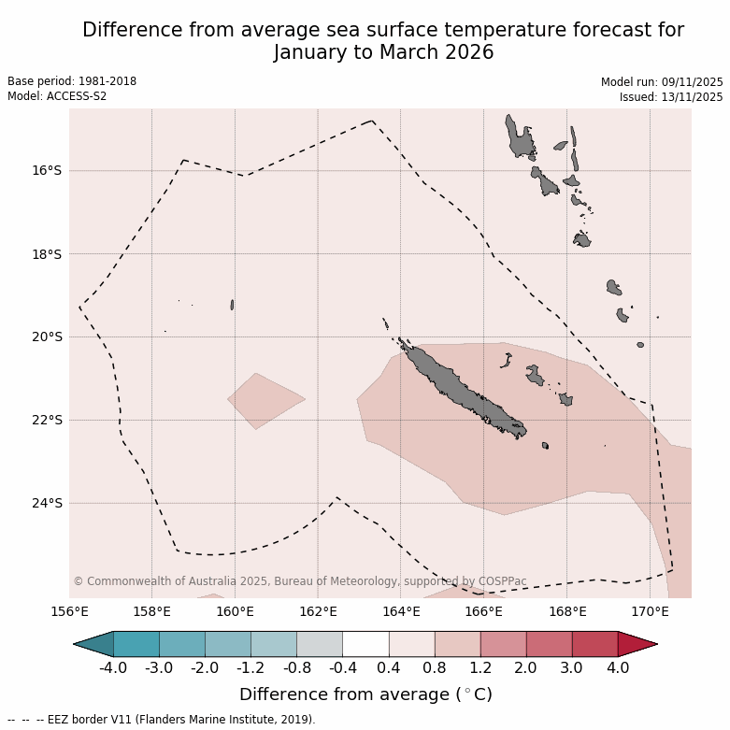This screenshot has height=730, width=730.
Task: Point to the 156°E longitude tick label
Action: pyautogui.click(x=69, y=612)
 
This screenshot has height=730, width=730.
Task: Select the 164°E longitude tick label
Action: pyautogui.click(x=401, y=612)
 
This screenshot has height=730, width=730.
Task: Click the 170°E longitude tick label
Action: pyautogui.click(x=650, y=612)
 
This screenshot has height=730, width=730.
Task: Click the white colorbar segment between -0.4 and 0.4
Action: pyautogui.click(x=365, y=644)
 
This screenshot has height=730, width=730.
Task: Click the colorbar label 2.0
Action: pyautogui.click(x=525, y=667)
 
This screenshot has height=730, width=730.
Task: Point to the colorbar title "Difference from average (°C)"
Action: pyautogui.click(x=365, y=694)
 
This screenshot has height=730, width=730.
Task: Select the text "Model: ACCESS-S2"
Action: pyautogui.click(x=57, y=96)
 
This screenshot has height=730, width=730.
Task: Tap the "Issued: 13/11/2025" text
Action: pyautogui.click(x=671, y=96)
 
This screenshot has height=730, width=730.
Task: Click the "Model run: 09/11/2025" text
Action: pyautogui.click(x=662, y=81)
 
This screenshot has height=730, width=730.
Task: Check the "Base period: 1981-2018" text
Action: pyautogui.click(x=72, y=81)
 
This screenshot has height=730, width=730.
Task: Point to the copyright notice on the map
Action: pyautogui.click(x=299, y=581)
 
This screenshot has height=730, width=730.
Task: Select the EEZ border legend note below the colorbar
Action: pyautogui.click(x=162, y=720)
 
